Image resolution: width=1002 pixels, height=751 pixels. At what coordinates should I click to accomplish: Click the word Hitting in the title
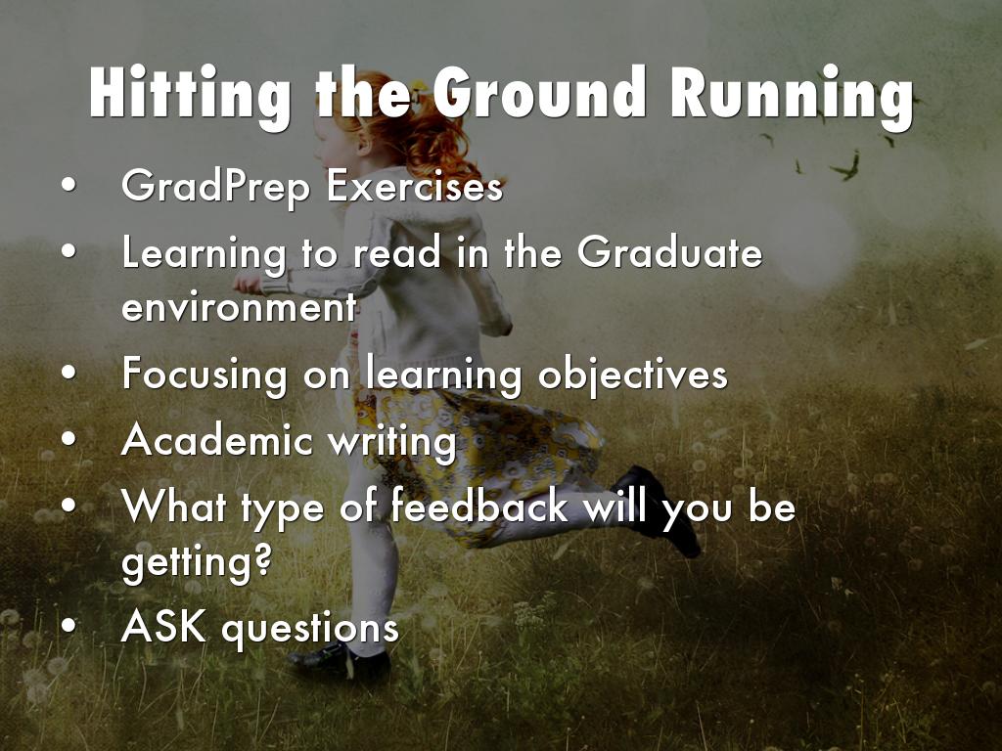pyautogui.click(x=190, y=95)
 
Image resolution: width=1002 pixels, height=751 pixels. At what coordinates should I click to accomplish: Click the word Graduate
pyautogui.click(x=669, y=251)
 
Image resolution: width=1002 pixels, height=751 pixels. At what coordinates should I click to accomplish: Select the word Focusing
pyautogui.click(x=205, y=375)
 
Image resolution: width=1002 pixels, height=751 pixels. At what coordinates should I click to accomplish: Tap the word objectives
pyautogui.click(x=633, y=375)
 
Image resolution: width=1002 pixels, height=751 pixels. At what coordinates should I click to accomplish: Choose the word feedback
pyautogui.click(x=479, y=506)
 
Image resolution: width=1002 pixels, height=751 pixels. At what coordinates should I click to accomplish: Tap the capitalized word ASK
pyautogui.click(x=163, y=627)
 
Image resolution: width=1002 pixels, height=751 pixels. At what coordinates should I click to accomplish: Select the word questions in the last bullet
pyautogui.click(x=310, y=629)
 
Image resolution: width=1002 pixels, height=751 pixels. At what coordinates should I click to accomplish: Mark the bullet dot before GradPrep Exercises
pyautogui.click(x=69, y=185)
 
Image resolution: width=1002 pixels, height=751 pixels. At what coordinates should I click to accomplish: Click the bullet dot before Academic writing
pyautogui.click(x=69, y=439)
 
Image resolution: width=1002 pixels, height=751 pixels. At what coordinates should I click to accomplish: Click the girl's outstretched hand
pyautogui.click(x=248, y=284)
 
